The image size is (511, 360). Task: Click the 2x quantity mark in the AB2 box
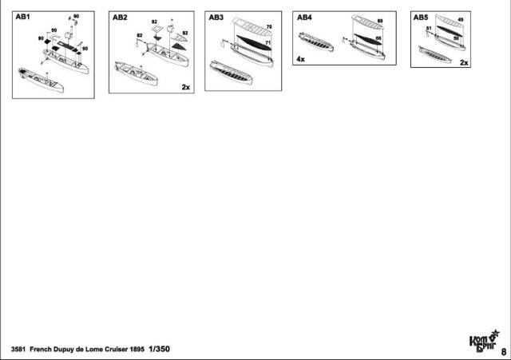pyautogui.click(x=185, y=86)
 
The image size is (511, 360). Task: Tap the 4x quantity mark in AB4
pyautogui.click(x=300, y=59)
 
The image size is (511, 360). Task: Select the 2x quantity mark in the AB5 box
pyautogui.click(x=464, y=61)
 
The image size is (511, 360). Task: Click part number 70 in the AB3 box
pyautogui.click(x=269, y=27)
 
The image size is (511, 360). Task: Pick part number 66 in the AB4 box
pyautogui.click(x=377, y=38)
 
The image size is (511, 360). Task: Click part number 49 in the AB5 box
pyautogui.click(x=461, y=20)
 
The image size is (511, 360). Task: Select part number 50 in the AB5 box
pyautogui.click(x=456, y=38)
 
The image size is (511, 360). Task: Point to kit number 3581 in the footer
pyautogui.click(x=19, y=350)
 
